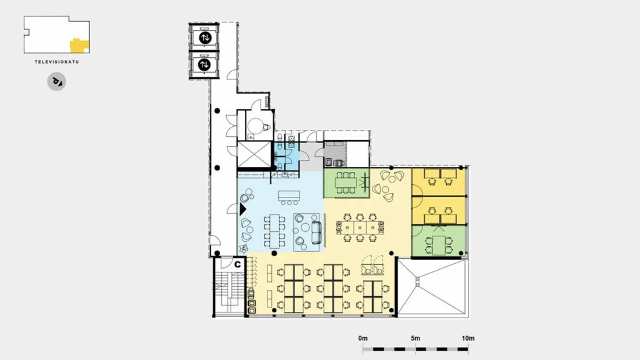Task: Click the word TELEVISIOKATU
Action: pos(57,62)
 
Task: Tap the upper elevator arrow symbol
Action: pos(205,37)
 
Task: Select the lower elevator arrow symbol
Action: pos(204,64)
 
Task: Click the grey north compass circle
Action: pos(57,82)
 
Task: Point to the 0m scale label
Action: pos(363,338)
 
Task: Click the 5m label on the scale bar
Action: pos(416,338)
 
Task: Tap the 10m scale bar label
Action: pos(468,338)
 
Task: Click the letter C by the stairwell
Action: pos(237,264)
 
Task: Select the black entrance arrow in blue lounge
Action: pos(242,209)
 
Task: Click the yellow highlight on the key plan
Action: pos(79,45)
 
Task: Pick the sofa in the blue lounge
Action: pos(316,232)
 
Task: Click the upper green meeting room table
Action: pos(346,182)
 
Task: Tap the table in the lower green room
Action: pos(439,245)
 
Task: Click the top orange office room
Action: pos(439,182)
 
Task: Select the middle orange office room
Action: pos(439,211)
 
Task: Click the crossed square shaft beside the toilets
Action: pos(254,154)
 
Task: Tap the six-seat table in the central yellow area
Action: pos(359,227)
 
